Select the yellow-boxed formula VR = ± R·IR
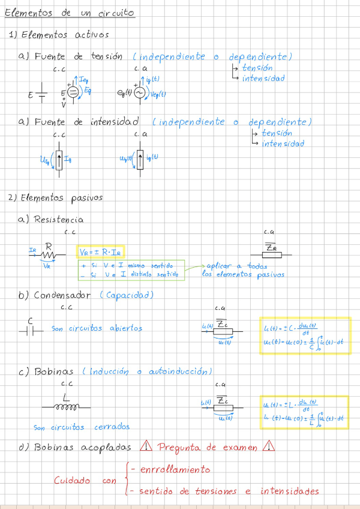(100, 252)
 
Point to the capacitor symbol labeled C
(34, 330)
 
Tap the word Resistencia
(59, 220)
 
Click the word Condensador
(62, 295)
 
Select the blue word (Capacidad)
(127, 295)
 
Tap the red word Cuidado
(73, 480)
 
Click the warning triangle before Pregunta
(145, 447)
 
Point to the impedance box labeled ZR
(271, 254)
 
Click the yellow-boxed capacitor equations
(304, 336)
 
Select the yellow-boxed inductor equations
(304, 412)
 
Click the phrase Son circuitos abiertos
(97, 329)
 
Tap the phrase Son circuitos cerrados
(82, 428)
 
